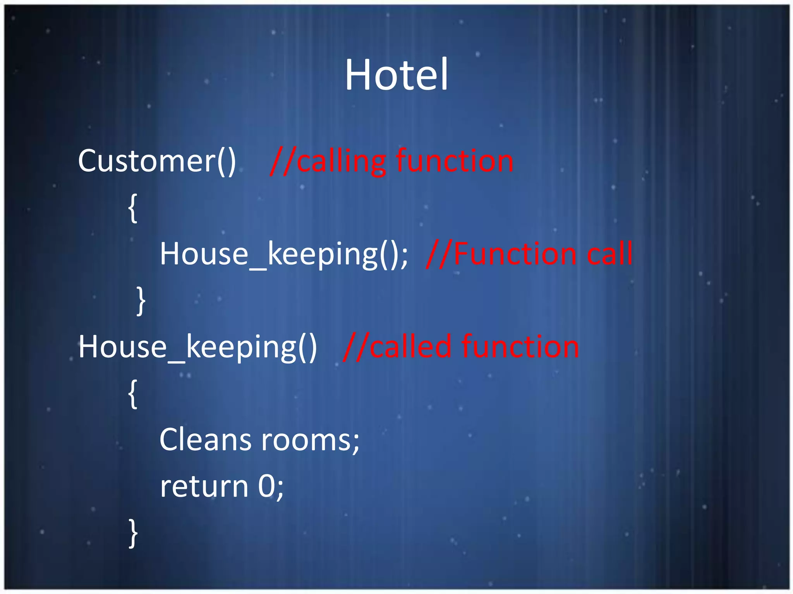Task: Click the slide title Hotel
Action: click(396, 75)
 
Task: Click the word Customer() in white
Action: click(157, 161)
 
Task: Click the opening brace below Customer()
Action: click(133, 208)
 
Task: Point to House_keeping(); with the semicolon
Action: click(284, 254)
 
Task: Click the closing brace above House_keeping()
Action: click(141, 301)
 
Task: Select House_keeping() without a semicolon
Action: click(197, 347)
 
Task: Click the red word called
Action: click(410, 347)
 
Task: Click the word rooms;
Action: click(310, 440)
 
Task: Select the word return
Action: click(204, 486)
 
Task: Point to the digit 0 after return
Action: click(266, 486)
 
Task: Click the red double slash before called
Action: click(355, 347)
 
